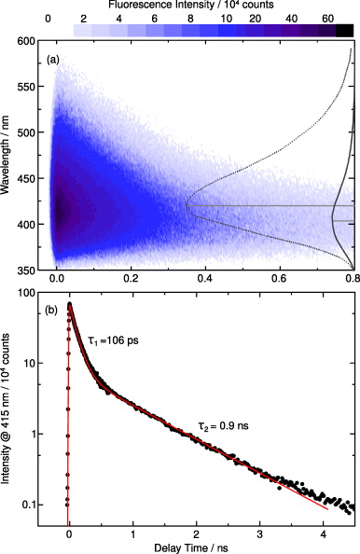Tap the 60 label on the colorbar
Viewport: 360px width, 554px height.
tap(327, 18)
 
